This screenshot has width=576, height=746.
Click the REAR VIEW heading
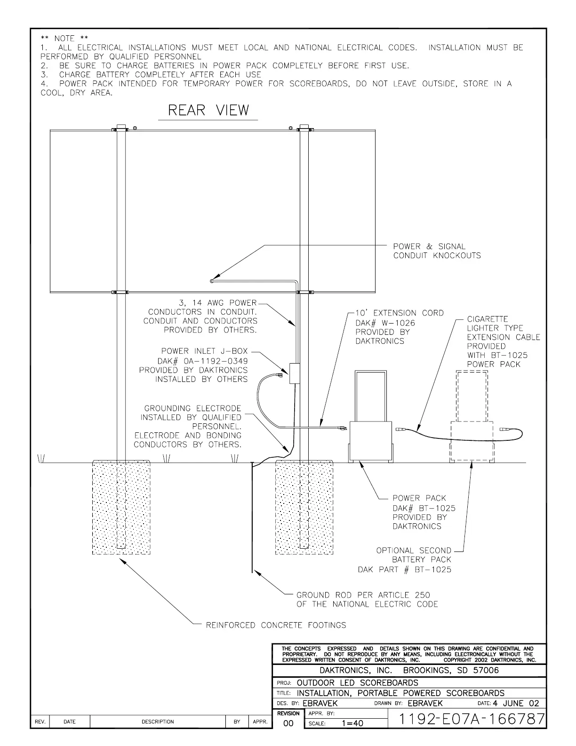[208, 111]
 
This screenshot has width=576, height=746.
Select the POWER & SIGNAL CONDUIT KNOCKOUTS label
[437, 251]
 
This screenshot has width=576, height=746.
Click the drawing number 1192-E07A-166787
[472, 719]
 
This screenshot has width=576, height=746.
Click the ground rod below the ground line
[253, 518]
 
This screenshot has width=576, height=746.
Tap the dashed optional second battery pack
[472, 441]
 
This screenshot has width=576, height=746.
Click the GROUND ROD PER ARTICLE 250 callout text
[367, 600]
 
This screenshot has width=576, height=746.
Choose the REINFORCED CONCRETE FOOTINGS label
[276, 625]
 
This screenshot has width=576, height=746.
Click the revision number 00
[288, 723]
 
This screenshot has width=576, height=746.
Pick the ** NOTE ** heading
[64, 38]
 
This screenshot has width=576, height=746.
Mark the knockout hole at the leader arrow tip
[212, 281]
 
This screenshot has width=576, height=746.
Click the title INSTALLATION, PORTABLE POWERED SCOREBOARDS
[400, 693]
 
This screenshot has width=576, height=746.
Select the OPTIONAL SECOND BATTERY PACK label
[414, 555]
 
